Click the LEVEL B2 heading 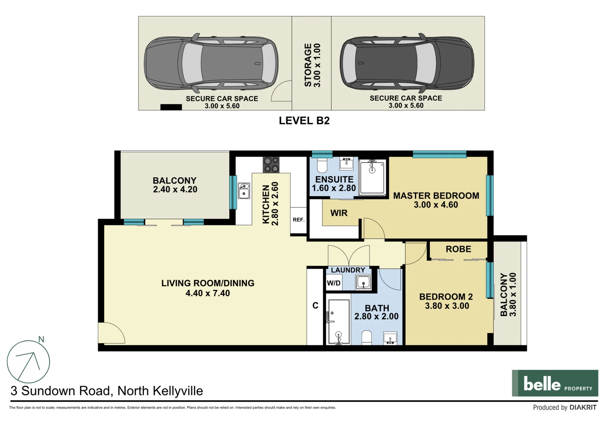tap(304, 121)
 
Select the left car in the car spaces tap(211, 63)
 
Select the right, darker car tap(407, 63)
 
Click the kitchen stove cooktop tap(271, 164)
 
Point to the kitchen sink tap(244, 191)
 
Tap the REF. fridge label tap(298, 220)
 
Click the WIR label tap(339, 213)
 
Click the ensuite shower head tap(372, 170)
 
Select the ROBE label tap(458, 249)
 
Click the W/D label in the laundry tap(333, 283)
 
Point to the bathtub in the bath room tap(338, 322)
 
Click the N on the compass tap(41, 340)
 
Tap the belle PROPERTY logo tap(555, 383)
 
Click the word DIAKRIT tap(583, 408)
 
